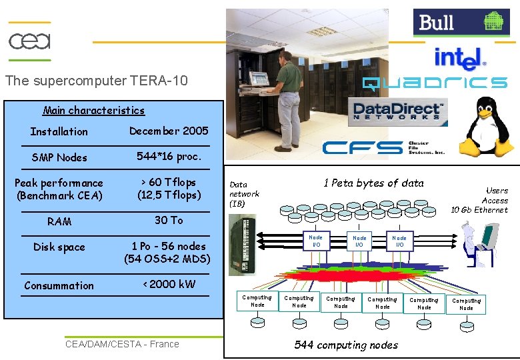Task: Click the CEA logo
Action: [29, 41]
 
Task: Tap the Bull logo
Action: [461, 23]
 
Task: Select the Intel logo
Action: [460, 59]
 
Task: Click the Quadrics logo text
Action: [435, 83]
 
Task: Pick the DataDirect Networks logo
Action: [397, 111]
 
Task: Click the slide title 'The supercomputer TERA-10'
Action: [97, 81]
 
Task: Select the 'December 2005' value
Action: [169, 131]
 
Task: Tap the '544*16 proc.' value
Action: [169, 157]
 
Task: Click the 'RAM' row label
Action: [59, 221]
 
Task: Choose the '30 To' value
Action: [169, 220]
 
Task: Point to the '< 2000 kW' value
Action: [169, 284]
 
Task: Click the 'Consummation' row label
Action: [59, 285]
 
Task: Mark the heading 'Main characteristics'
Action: [93, 111]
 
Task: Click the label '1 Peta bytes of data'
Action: [373, 183]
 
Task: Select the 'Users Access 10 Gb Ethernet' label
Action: [480, 200]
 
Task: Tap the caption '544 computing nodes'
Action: [346, 345]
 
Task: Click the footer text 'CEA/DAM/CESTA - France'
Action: [122, 344]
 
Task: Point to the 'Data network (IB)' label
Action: [244, 194]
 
